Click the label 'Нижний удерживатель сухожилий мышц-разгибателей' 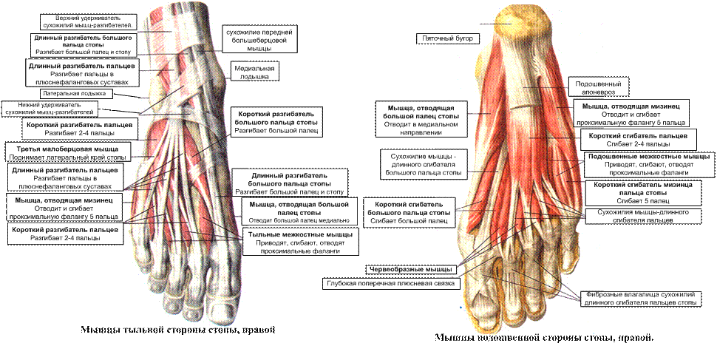tap(50, 108)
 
